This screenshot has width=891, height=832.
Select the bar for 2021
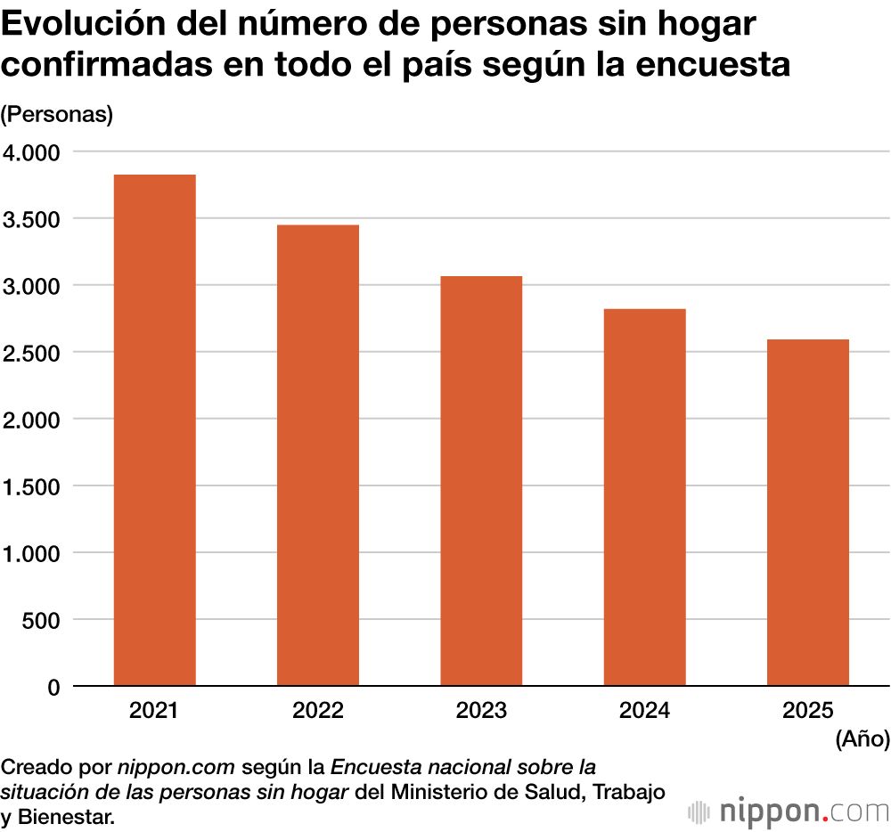tap(154, 430)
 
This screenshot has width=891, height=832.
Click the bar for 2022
tap(318, 455)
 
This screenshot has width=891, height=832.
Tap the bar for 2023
tap(481, 481)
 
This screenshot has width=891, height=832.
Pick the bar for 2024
tap(644, 497)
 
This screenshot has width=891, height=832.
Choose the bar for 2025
tap(808, 512)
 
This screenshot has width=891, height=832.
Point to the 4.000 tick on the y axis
tap(31, 153)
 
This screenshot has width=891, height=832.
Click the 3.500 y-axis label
tap(31, 220)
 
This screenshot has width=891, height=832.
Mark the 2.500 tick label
tap(31, 354)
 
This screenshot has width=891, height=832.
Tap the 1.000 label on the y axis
tap(31, 554)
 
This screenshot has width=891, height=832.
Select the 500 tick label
tap(41, 621)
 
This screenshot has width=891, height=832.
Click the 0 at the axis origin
tap(53, 688)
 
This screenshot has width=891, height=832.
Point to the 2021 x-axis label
tap(154, 711)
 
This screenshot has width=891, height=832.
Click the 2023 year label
tap(481, 711)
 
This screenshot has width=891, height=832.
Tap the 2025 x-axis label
tap(808, 711)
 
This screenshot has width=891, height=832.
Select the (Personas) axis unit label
tap(57, 115)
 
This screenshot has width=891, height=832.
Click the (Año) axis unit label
tap(862, 738)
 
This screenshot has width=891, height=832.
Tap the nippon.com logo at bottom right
tap(789, 812)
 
